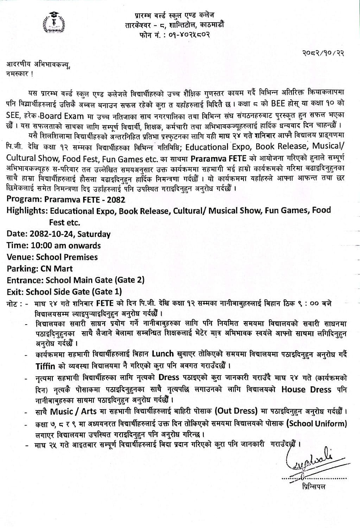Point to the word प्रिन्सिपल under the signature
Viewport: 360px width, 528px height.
click(x=314, y=487)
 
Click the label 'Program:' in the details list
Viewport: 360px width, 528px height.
click(x=24, y=199)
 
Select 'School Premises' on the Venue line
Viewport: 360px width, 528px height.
click(x=67, y=257)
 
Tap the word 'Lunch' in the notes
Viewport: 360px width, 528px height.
click(x=163, y=353)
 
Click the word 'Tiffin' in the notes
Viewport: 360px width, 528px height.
click(x=45, y=366)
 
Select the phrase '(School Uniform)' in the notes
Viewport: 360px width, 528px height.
click(x=317, y=423)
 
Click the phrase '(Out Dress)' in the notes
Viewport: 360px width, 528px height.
click(x=238, y=411)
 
